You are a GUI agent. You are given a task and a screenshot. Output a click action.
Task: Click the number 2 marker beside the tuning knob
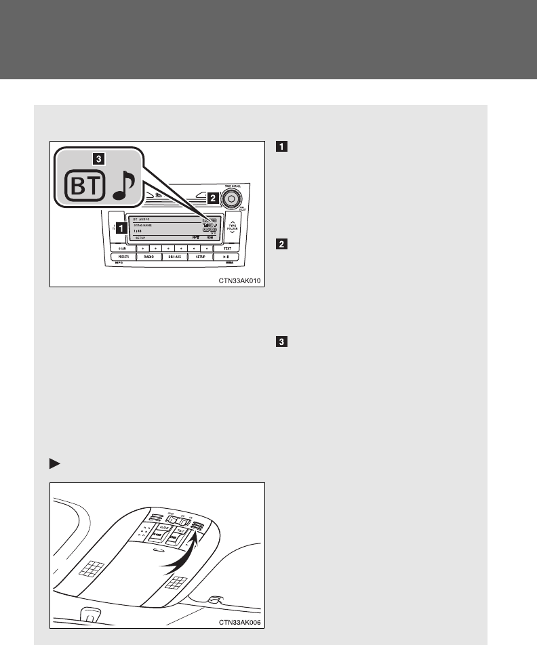[212, 199]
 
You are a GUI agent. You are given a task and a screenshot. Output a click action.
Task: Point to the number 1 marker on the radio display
[120, 228]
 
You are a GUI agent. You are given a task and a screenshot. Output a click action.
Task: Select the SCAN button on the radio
[123, 249]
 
